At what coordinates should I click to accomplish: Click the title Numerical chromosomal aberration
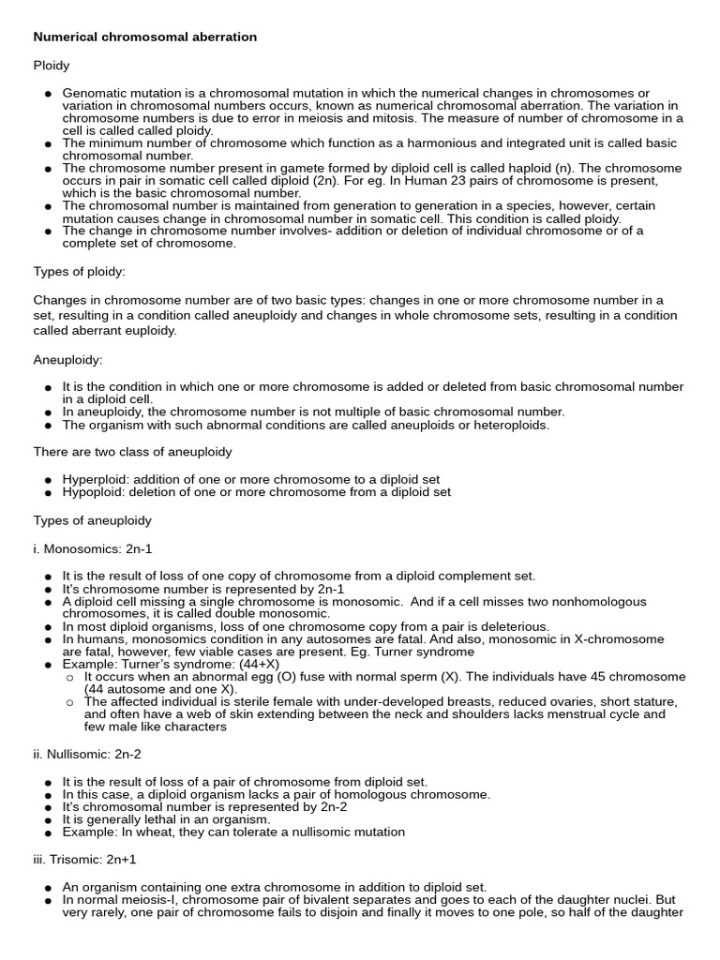(145, 37)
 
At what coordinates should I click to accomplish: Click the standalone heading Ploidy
(52, 66)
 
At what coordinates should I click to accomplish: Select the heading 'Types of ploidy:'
(80, 272)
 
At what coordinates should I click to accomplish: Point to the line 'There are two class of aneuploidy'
(132, 452)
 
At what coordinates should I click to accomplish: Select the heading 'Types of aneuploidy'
(92, 520)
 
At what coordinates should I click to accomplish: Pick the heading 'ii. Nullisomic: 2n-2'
(87, 754)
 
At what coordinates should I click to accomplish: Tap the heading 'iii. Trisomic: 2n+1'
(85, 859)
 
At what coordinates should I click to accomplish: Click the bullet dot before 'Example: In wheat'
(48, 832)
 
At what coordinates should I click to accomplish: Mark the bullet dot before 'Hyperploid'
(48, 480)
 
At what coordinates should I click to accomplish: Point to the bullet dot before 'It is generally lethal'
(48, 819)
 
